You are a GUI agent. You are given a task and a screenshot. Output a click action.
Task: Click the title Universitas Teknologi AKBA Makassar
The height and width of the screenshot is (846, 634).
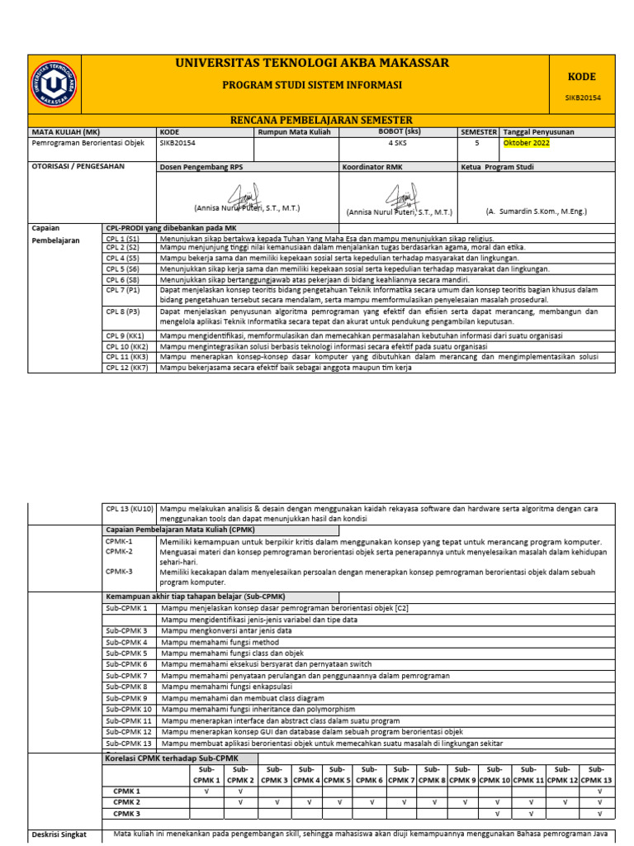312,64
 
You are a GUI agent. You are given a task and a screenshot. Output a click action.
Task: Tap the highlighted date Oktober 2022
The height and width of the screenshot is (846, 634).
526,143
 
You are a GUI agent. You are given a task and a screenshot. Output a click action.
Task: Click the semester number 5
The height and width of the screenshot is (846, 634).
476,143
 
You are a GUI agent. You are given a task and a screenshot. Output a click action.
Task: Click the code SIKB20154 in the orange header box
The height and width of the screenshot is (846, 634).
582,97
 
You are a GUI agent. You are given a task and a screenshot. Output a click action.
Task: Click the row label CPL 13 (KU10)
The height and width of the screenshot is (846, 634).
129,509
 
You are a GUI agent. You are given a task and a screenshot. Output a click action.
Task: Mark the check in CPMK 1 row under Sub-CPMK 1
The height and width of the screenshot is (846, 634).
206,791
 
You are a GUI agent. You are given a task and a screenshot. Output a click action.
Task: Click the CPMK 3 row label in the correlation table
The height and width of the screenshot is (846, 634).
127,813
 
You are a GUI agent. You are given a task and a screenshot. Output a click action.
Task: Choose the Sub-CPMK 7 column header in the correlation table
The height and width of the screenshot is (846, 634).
401,775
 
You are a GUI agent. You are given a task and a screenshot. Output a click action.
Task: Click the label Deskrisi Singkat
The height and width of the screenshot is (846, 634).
59,834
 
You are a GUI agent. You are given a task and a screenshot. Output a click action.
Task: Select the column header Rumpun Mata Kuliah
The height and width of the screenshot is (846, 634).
288,132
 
